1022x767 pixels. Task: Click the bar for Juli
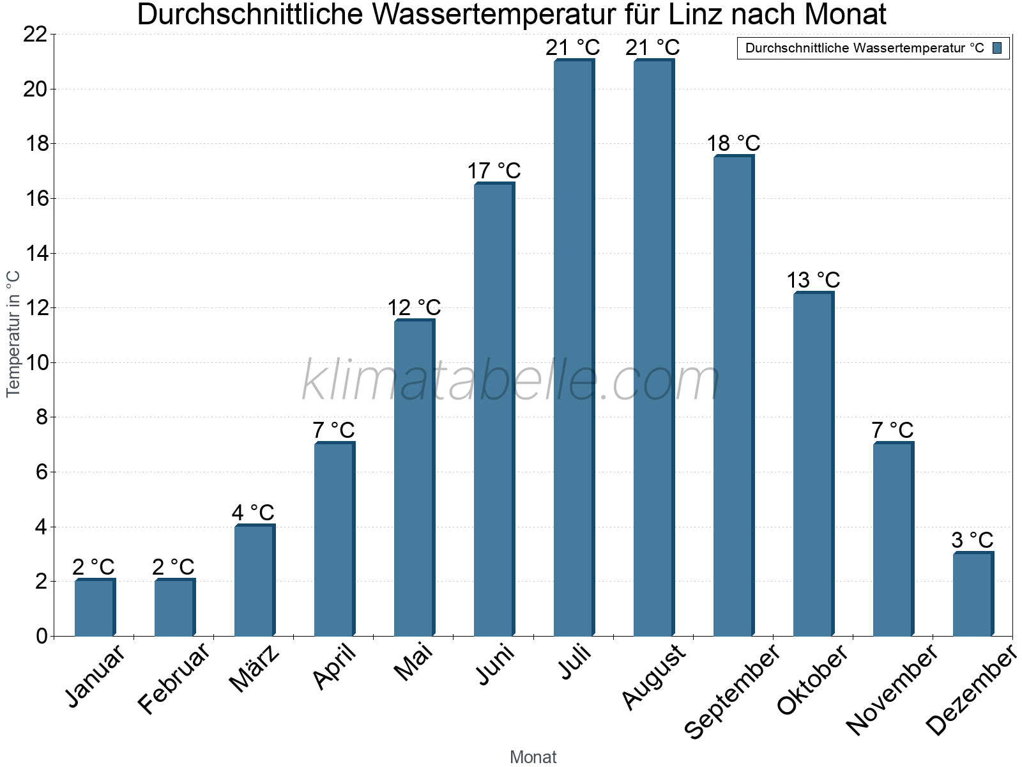(574, 348)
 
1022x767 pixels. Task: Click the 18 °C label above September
(733, 143)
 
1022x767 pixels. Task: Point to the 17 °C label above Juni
(494, 171)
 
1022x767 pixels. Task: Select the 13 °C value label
(812, 280)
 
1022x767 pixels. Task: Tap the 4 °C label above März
(253, 513)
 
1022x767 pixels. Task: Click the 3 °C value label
(972, 540)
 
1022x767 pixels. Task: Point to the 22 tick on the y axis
(35, 35)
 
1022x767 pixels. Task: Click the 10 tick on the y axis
(35, 363)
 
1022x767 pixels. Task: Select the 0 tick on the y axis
(42, 636)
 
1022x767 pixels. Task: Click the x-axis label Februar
(174, 679)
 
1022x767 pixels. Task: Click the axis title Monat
(533, 757)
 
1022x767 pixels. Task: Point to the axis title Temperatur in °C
(13, 334)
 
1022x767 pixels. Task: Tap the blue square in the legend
(997, 48)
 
